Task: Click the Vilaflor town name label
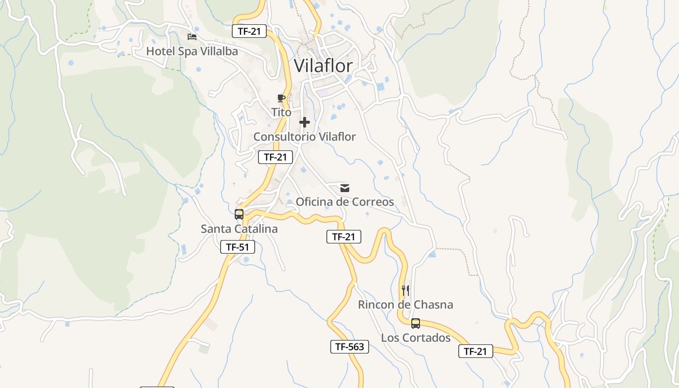click(323, 65)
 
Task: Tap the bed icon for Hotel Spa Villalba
click(192, 37)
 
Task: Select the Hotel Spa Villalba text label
click(192, 51)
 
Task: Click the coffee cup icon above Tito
click(281, 98)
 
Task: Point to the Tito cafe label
click(281, 112)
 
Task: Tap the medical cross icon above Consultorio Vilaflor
click(305, 122)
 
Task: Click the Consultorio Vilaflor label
click(305, 137)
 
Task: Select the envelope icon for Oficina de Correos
click(345, 188)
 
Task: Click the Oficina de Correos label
click(345, 201)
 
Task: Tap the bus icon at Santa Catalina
click(239, 214)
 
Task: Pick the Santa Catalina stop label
click(239, 228)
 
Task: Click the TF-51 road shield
click(238, 247)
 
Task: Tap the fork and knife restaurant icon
click(405, 291)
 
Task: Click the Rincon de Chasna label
click(405, 305)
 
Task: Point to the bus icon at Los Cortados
click(416, 323)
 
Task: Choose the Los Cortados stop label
click(416, 338)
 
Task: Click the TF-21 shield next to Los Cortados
click(475, 352)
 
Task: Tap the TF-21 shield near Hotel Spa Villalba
click(249, 32)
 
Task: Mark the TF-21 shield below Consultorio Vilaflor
click(275, 157)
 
